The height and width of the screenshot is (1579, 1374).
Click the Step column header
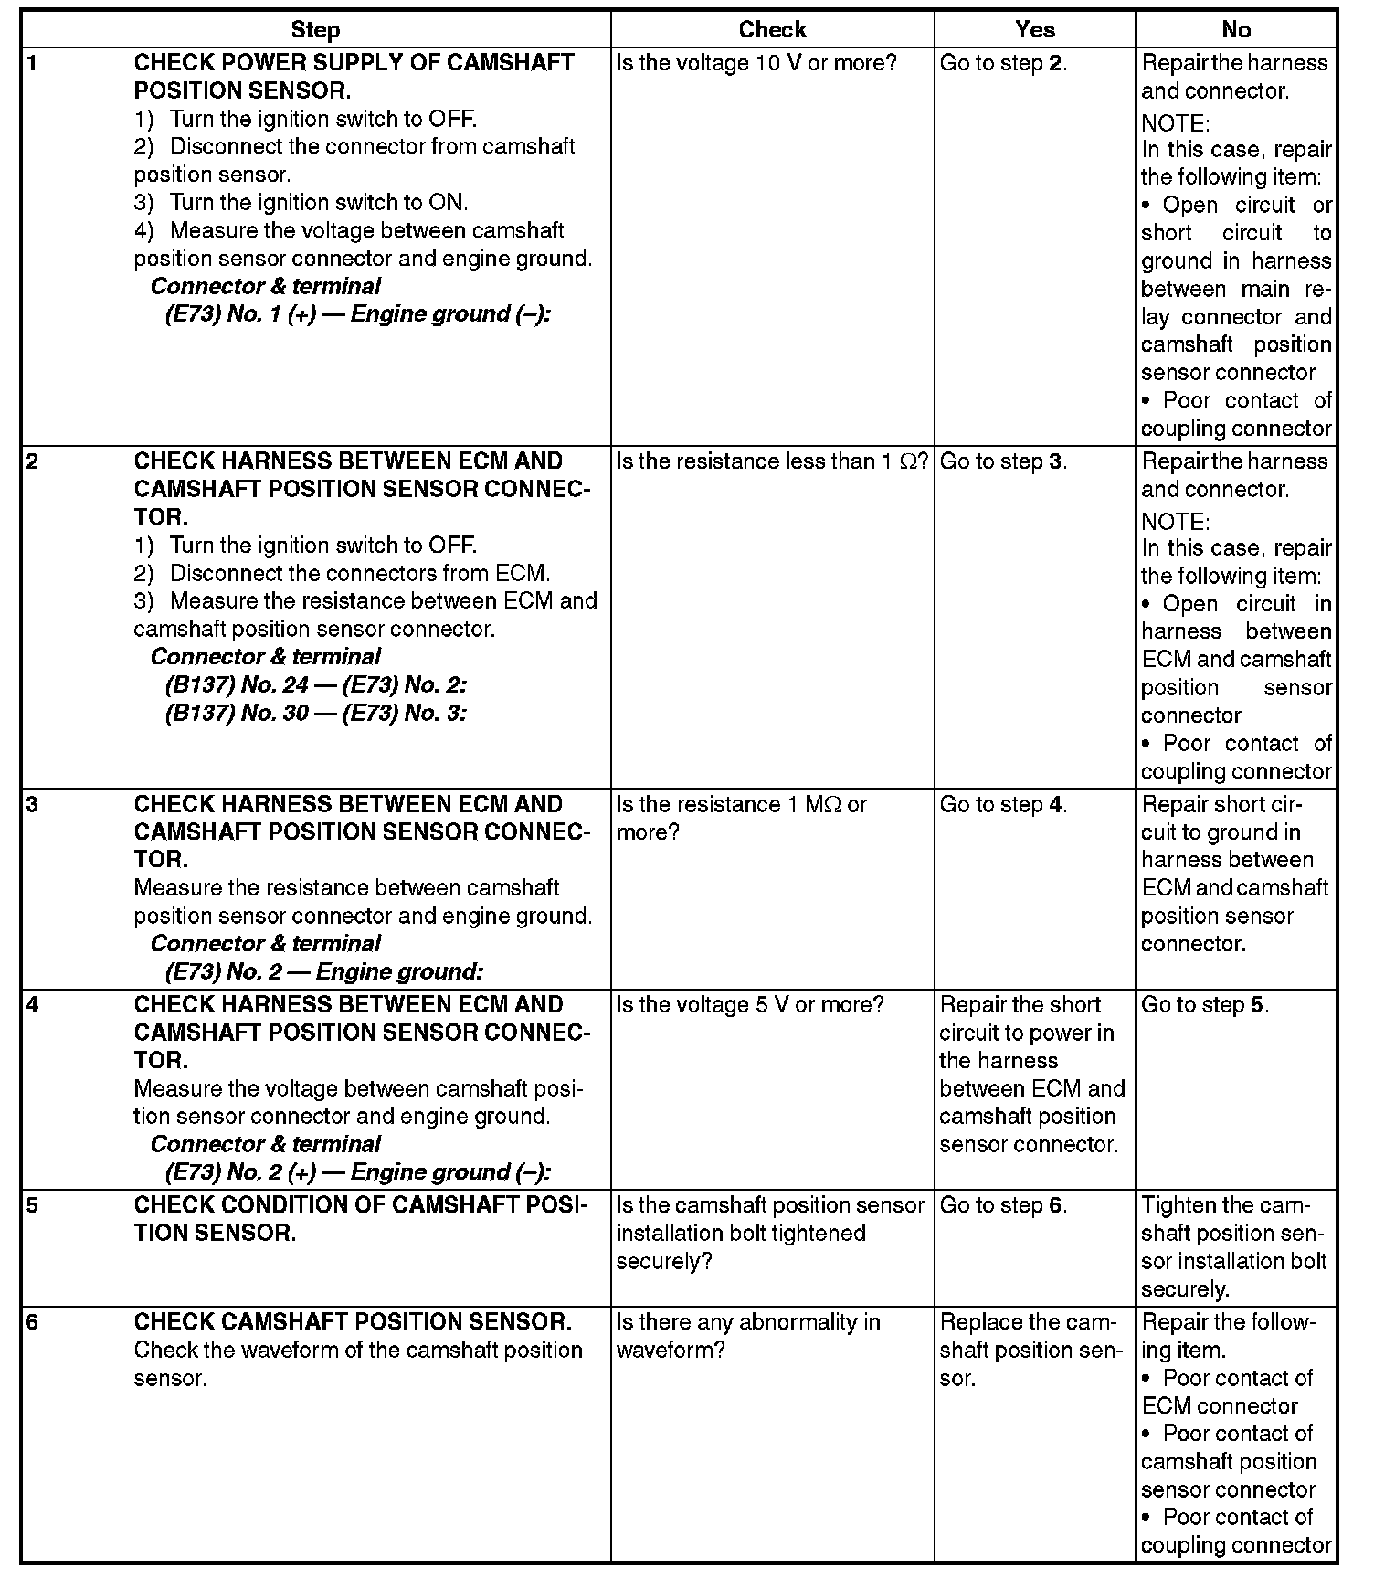(315, 30)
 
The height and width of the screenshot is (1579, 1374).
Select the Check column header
(772, 30)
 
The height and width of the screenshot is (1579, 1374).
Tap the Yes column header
(1034, 30)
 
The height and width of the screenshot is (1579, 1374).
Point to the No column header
(1235, 30)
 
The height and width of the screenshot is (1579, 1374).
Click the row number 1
(33, 63)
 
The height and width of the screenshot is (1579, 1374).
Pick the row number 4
(33, 1005)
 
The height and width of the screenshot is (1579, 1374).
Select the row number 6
(33, 1322)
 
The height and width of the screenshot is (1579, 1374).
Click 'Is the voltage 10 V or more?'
(757, 63)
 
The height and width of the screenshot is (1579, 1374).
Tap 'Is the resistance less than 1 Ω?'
(772, 461)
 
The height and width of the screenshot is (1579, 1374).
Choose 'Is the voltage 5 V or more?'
(750, 1005)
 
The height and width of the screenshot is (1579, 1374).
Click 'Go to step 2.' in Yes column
(1003, 63)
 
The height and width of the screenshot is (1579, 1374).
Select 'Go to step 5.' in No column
(1205, 1005)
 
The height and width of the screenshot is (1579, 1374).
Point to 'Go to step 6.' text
(1003, 1205)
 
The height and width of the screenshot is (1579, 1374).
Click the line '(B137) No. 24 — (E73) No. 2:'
(316, 685)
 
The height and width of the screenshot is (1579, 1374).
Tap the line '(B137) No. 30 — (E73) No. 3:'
(316, 713)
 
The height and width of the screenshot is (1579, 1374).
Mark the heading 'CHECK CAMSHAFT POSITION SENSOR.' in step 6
(353, 1322)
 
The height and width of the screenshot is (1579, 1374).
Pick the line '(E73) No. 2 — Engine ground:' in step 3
(323, 971)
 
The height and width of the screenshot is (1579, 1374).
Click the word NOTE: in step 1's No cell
(1175, 122)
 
